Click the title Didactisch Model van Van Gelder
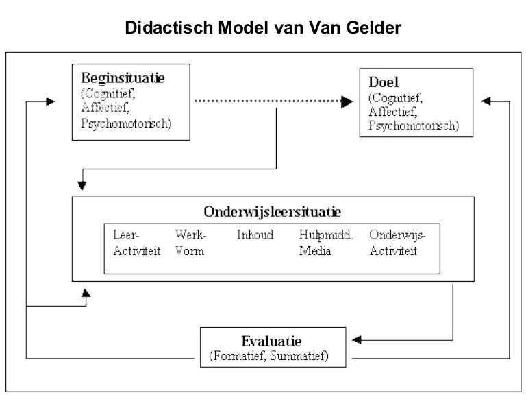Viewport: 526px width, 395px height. [x=263, y=29]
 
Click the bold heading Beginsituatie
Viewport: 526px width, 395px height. [x=123, y=77]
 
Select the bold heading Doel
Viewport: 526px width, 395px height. [x=383, y=82]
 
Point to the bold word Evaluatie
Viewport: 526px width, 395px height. [x=271, y=341]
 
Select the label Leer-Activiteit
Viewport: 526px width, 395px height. [x=136, y=243]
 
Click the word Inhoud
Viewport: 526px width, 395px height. [x=255, y=235]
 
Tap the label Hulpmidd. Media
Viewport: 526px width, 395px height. [x=325, y=243]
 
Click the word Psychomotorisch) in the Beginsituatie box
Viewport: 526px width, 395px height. [x=125, y=123]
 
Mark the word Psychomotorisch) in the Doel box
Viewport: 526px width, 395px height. [x=414, y=126]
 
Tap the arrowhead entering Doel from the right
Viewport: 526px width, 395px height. [x=486, y=101]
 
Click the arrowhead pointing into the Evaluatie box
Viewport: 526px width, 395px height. [x=357, y=340]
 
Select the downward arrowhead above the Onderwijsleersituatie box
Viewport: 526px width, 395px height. [x=82, y=184]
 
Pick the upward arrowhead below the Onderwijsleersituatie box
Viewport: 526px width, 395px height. [x=85, y=293]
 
